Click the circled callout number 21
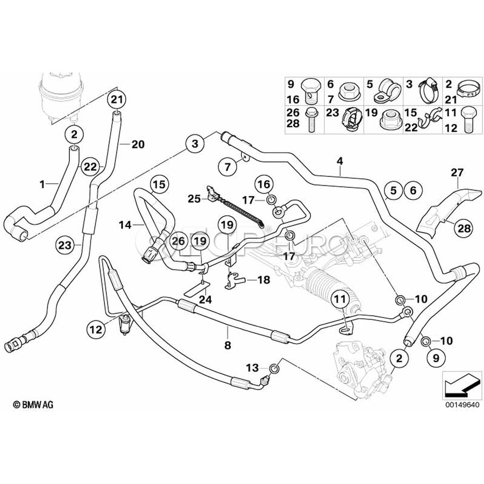pyautogui.click(x=117, y=99)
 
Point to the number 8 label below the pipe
pyautogui.click(x=227, y=346)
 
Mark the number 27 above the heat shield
pyautogui.click(x=457, y=173)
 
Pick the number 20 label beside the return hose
pyautogui.click(x=138, y=144)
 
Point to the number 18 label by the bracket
pyautogui.click(x=263, y=280)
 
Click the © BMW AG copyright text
pyautogui.click(x=33, y=403)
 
